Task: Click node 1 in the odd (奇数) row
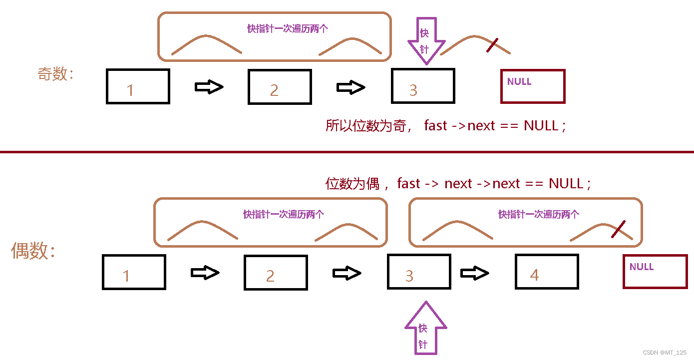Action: coord(138,86)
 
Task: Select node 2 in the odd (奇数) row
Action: coord(280,86)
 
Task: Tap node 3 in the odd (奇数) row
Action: coord(423,86)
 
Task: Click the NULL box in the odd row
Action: coord(532,86)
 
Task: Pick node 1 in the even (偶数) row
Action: coord(134,272)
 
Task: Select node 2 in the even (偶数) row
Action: coord(276,272)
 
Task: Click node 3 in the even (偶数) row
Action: coord(419,272)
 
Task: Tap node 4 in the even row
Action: coord(547,272)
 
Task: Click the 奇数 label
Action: coord(55,74)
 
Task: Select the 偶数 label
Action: coord(33,251)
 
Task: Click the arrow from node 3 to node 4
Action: coord(474,273)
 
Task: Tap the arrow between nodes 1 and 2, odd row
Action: coord(209,87)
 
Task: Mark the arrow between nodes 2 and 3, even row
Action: coord(347,273)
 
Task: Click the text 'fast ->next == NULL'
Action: coord(495,125)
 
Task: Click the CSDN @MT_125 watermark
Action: coord(664,353)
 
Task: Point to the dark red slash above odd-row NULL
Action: coord(492,45)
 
